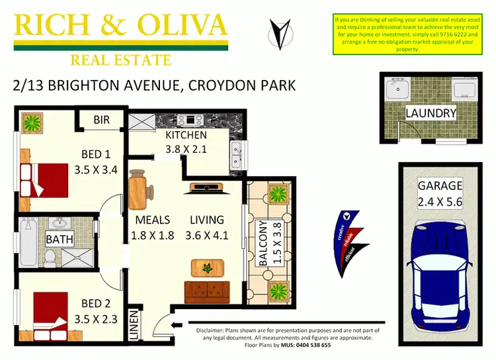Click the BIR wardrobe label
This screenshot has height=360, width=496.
101,120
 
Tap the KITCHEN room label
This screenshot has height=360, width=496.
186,135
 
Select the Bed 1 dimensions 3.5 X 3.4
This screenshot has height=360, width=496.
95,169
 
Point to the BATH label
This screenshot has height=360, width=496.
60,238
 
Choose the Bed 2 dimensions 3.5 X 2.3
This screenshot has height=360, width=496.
95,319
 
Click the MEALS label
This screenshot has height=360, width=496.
153,220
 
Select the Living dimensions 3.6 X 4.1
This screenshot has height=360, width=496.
207,234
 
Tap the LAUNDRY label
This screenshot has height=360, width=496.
431,113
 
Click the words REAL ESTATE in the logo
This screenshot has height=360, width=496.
120,60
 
